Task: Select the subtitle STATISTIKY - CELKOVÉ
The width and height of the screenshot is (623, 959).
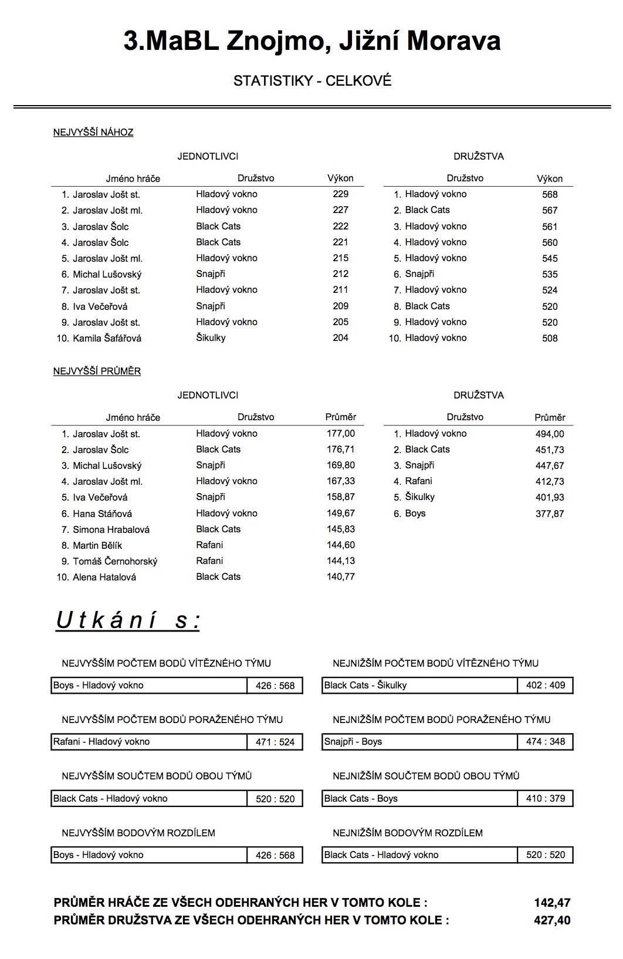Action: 312,81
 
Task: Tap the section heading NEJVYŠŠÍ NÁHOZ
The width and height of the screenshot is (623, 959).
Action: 93,133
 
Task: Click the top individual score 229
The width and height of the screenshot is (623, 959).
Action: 340,194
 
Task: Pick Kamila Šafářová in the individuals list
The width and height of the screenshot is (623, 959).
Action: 107,338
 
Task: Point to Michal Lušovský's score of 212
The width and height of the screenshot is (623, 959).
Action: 340,274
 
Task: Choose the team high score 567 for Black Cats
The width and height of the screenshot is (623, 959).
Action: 550,210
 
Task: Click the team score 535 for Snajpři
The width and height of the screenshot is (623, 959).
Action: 550,274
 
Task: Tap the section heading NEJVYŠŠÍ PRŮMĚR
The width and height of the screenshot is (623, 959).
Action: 97,372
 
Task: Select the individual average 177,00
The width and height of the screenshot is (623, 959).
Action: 341,434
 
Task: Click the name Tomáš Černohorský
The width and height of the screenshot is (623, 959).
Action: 115,562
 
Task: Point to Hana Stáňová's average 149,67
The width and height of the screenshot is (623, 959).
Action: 341,514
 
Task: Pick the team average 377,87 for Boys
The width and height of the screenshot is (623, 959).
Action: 550,514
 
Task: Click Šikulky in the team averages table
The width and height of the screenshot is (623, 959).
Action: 420,497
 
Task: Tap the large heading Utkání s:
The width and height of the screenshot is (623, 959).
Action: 128,620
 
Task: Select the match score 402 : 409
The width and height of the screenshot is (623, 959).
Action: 546,686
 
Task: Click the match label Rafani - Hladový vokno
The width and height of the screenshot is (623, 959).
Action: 101,742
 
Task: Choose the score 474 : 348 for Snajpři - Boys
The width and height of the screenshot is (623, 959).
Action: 546,742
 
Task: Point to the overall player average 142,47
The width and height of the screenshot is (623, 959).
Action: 552,903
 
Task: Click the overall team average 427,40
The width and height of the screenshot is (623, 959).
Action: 552,920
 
